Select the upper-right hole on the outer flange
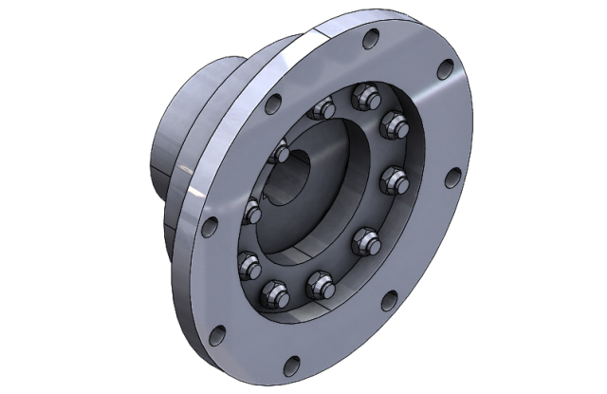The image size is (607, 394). [444, 68]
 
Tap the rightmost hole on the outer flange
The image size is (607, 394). [453, 177]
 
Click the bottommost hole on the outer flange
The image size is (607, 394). [292, 362]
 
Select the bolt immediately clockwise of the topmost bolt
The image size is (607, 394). [392, 123]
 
